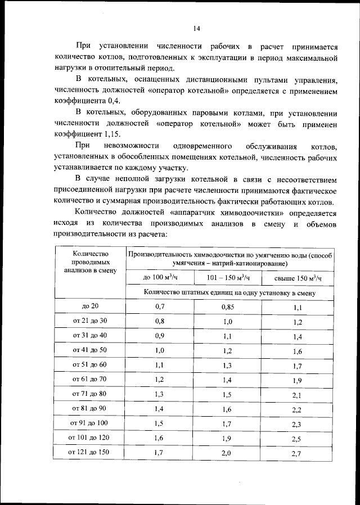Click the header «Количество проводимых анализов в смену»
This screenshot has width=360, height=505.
91,262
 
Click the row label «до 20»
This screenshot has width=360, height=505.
91,306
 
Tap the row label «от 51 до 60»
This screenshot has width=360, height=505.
91,364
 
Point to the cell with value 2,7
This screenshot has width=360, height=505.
298,453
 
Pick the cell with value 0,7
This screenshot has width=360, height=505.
160,306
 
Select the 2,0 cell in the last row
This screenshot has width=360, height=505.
227,452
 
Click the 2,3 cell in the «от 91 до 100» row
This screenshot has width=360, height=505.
298,423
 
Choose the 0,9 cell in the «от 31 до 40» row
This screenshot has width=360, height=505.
160,336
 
